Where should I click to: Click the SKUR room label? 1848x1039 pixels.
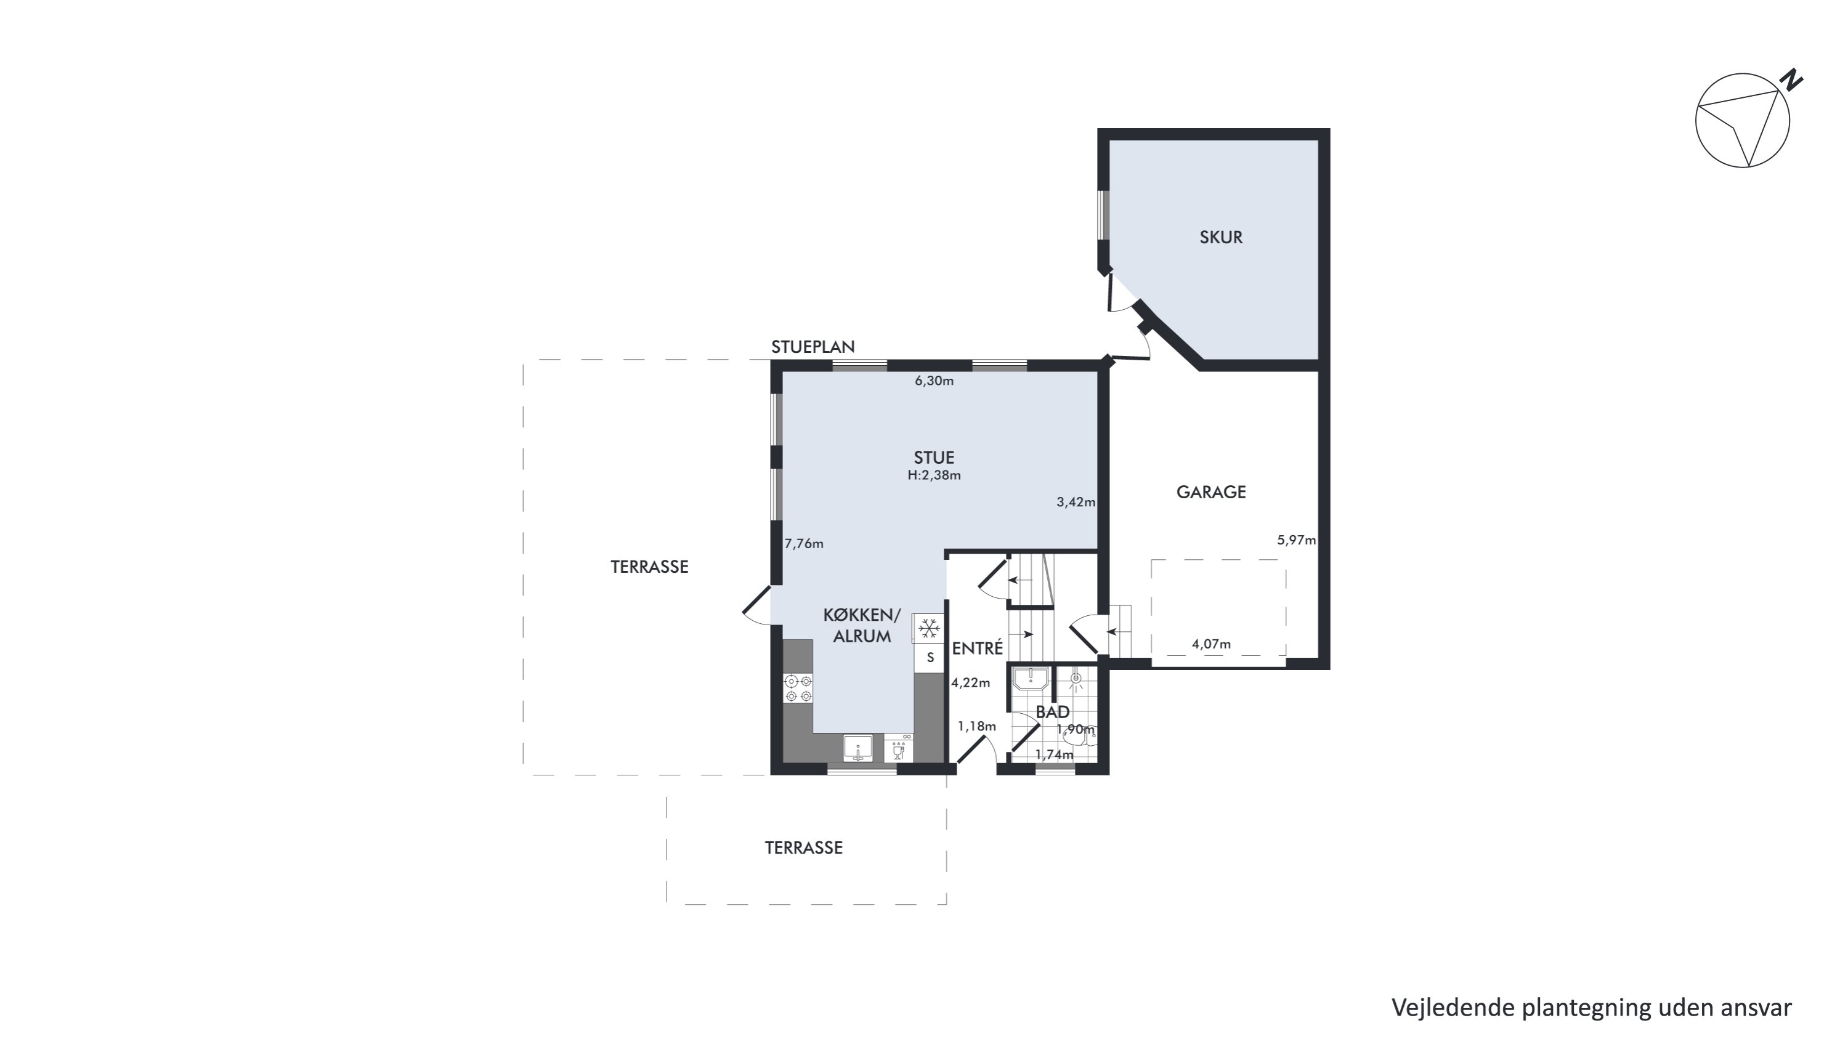point(1221,237)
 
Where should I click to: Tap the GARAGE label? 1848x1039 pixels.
point(1211,492)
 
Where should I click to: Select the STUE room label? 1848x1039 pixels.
point(934,458)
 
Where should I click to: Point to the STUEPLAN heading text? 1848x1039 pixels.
point(813,347)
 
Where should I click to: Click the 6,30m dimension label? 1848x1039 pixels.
point(934,381)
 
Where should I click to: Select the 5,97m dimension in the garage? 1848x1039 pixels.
point(1296,540)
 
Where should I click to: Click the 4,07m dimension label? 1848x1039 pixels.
point(1211,644)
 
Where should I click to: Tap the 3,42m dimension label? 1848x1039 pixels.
point(1076,502)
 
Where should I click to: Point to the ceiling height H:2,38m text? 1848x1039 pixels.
point(934,475)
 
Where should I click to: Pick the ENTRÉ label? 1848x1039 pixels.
point(977,648)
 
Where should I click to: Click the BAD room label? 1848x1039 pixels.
point(1052,712)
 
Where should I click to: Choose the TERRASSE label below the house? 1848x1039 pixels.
point(803,847)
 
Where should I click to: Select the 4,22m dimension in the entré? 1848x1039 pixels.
point(971,682)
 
